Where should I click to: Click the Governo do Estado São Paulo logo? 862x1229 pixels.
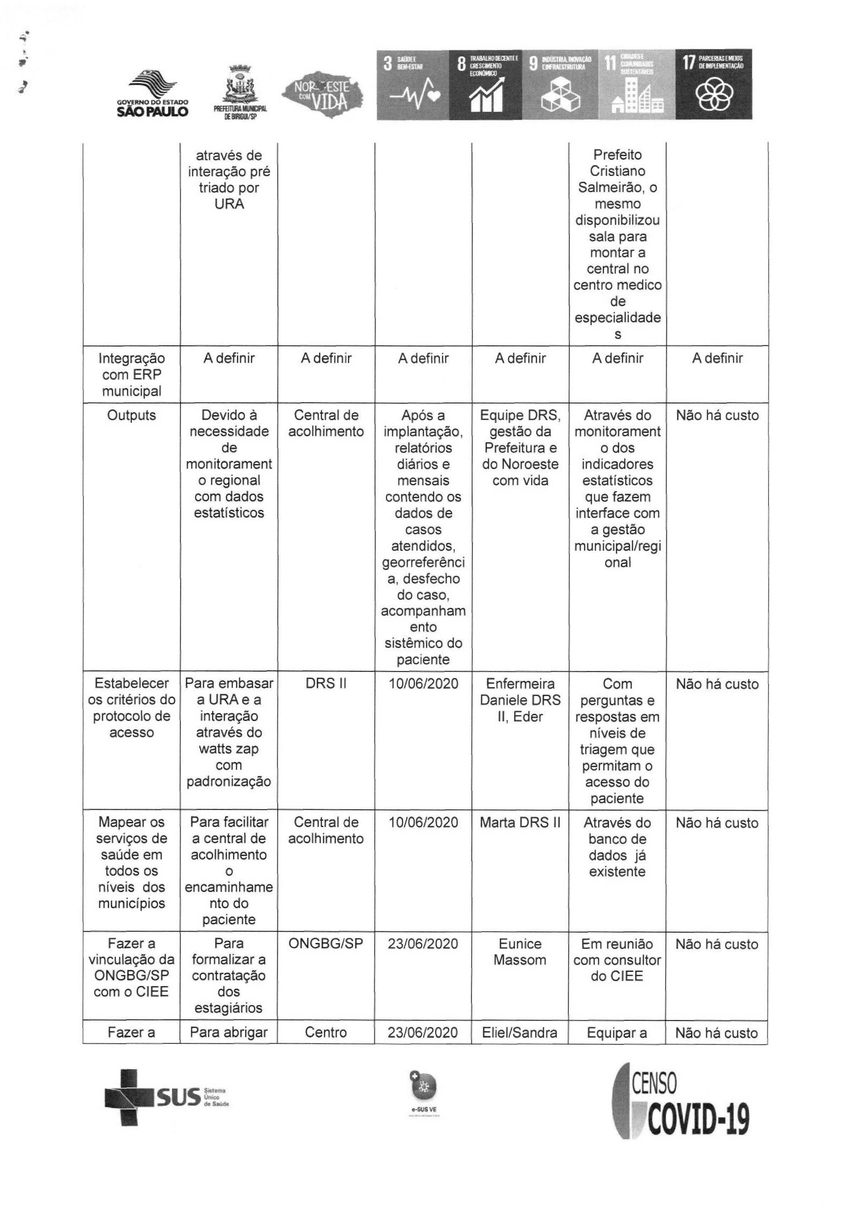point(153,94)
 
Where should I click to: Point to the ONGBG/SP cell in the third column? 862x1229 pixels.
point(326,944)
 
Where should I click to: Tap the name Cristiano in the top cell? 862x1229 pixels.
point(617,171)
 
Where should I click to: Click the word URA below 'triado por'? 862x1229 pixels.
point(229,204)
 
